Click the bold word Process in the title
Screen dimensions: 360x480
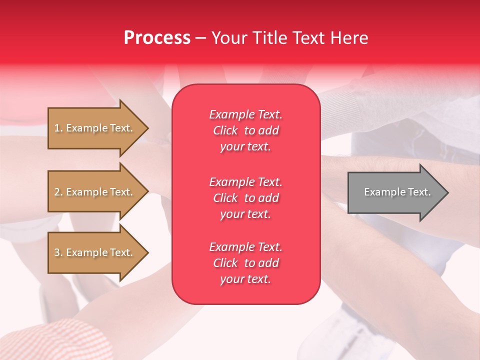click(x=157, y=38)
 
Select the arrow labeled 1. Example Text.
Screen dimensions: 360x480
click(x=95, y=128)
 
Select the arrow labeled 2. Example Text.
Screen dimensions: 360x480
click(x=95, y=192)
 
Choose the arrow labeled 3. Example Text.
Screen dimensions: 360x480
click(x=95, y=252)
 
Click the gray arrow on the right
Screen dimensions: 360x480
click(x=395, y=192)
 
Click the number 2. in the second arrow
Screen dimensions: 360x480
click(x=58, y=192)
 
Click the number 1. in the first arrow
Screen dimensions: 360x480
click(x=58, y=128)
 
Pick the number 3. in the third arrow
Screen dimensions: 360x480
click(x=58, y=252)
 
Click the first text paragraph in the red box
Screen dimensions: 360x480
click(x=245, y=130)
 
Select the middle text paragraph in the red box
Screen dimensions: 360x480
click(x=245, y=198)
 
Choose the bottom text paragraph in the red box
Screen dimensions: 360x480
click(x=245, y=263)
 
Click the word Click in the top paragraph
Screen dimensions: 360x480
click(x=225, y=130)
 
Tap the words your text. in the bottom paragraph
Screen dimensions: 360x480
click(x=245, y=279)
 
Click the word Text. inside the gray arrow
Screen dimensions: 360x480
click(x=419, y=192)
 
